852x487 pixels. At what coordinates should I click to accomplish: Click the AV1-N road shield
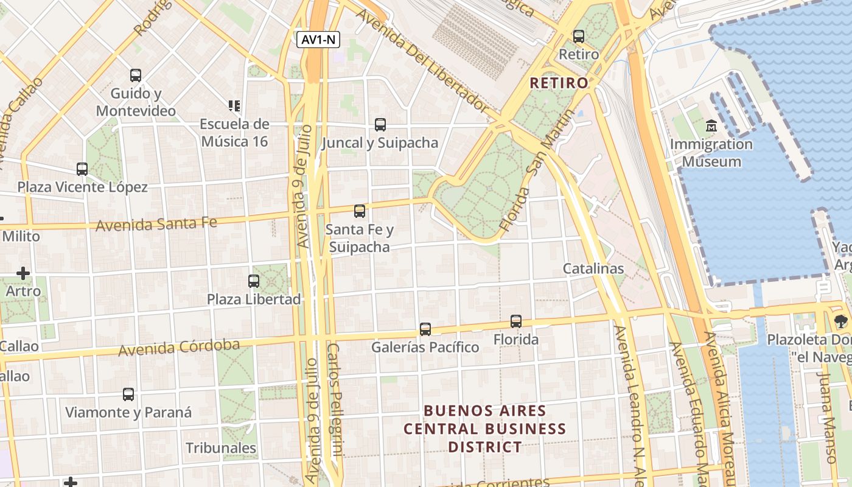click(x=318, y=40)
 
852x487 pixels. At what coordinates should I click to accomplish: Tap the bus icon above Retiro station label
click(x=579, y=36)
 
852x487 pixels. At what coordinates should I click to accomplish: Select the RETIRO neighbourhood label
click(x=559, y=83)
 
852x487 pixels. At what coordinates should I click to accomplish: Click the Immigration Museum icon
click(x=711, y=127)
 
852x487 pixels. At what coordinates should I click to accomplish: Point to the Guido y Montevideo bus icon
click(x=136, y=75)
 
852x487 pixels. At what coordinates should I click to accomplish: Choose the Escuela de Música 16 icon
click(x=234, y=106)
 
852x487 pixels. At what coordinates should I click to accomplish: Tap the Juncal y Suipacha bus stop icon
click(x=380, y=125)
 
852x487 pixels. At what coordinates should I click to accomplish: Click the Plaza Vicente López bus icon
click(x=82, y=169)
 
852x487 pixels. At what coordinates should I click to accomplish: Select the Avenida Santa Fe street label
click(x=156, y=224)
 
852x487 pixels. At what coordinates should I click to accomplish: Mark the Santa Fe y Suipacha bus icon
click(x=360, y=211)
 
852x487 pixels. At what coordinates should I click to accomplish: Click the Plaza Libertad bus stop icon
click(x=254, y=281)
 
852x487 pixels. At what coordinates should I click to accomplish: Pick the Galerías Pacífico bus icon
click(x=425, y=329)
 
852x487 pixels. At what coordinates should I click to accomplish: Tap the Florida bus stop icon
click(x=516, y=321)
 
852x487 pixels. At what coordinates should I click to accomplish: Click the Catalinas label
click(x=593, y=268)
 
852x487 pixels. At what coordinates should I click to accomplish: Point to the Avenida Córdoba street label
click(x=179, y=348)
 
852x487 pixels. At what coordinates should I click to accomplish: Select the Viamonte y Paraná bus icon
click(x=128, y=394)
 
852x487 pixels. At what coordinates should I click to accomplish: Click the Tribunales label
click(x=221, y=448)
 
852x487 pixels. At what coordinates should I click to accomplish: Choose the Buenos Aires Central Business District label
click(x=485, y=429)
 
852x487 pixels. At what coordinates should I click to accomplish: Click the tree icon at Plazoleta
click(x=840, y=321)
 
